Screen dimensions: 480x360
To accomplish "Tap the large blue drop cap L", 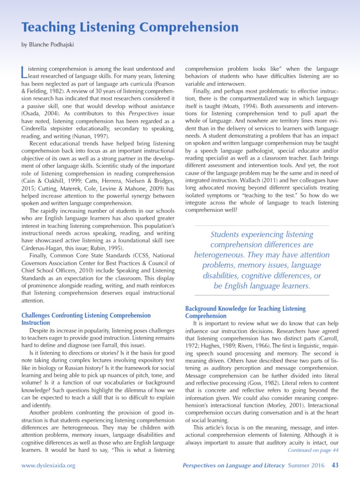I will pyautogui.click(x=25, y=72).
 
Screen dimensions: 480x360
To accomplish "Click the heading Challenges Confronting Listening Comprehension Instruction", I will pyautogui.click(x=86, y=319).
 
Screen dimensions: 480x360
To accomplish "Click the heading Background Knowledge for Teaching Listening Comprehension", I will pyautogui.click(x=245, y=312).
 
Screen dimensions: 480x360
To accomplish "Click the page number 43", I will pyautogui.click(x=335, y=465).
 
